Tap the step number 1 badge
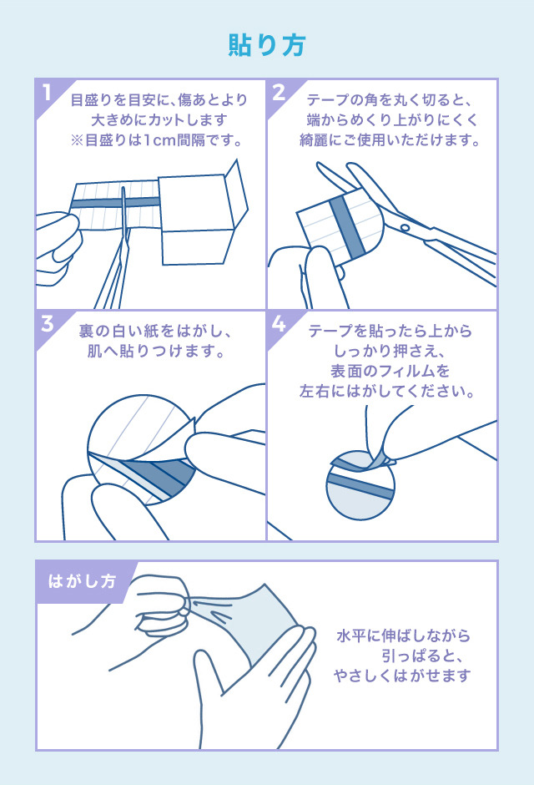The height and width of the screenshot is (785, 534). pyautogui.click(x=48, y=93)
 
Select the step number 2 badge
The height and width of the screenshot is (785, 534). pyautogui.click(x=279, y=93)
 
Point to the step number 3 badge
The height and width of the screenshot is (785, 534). pyautogui.click(x=48, y=324)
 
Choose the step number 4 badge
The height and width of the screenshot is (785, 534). pyautogui.click(x=279, y=324)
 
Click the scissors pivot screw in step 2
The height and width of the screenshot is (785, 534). pyautogui.click(x=406, y=227)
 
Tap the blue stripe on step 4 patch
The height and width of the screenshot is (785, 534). pyautogui.click(x=360, y=485)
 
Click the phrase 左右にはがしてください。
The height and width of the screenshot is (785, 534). pyautogui.click(x=388, y=390)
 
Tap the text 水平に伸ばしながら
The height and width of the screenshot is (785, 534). pyautogui.click(x=404, y=636)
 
